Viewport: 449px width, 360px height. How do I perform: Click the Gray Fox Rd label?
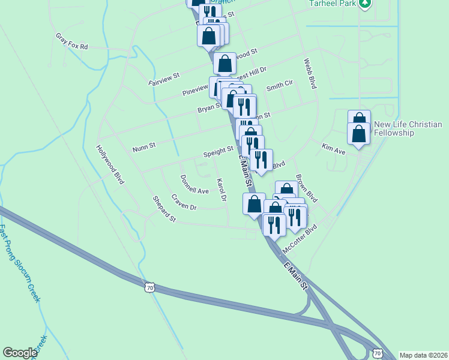pos(71,41)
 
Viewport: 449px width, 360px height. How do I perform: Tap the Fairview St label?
pos(164,79)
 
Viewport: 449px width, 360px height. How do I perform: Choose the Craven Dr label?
pos(184,202)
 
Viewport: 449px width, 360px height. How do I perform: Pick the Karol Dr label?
pos(221,190)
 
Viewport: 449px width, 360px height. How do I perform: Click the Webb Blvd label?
pos(310,74)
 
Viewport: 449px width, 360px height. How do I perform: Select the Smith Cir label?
pos(279,86)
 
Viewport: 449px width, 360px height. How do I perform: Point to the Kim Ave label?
pos(334,149)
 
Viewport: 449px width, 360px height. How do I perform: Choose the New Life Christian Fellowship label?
pos(408,128)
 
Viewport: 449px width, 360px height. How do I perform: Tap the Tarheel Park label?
pos(331,3)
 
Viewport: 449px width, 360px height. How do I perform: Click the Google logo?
pos(20,353)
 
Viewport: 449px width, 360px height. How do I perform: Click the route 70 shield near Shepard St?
pos(149,288)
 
